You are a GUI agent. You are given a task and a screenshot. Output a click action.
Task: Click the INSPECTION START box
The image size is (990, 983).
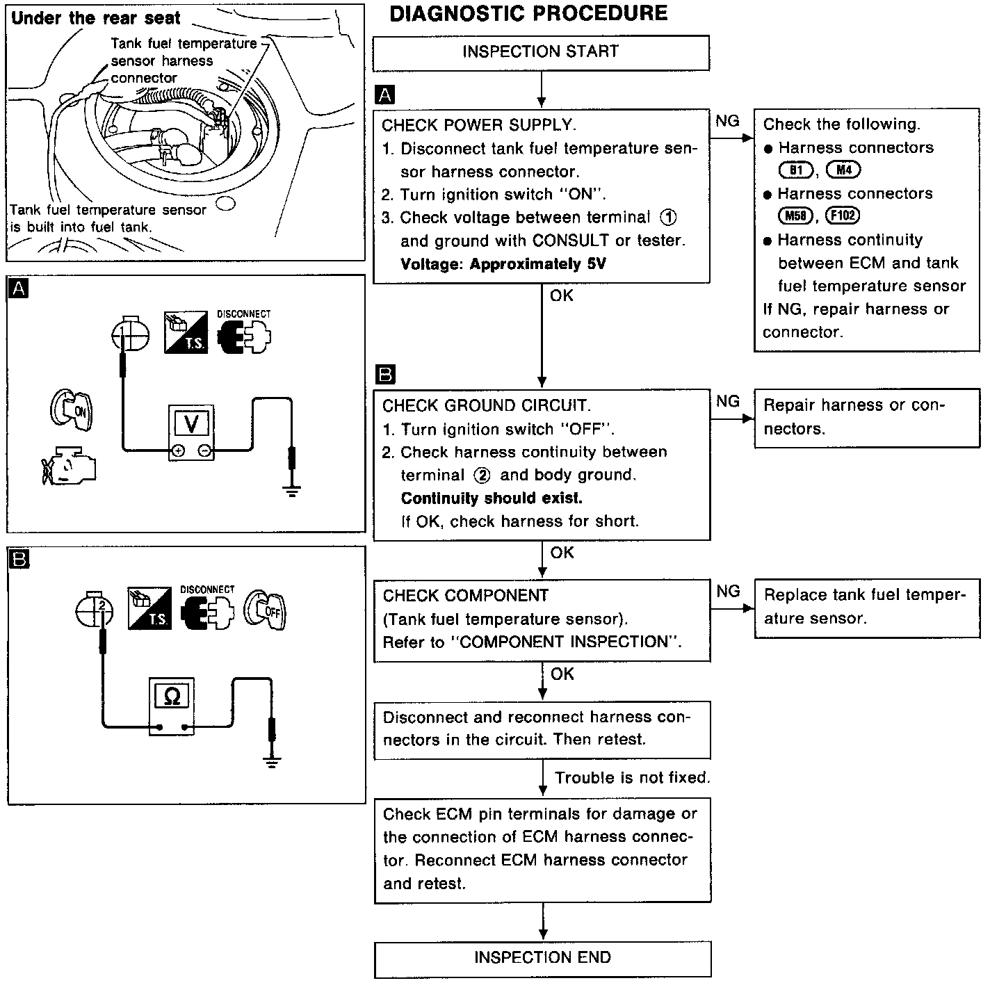540,52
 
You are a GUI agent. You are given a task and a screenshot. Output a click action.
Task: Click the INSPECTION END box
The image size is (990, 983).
542,958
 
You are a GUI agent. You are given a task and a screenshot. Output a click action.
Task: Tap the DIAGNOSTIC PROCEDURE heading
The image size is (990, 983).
528,14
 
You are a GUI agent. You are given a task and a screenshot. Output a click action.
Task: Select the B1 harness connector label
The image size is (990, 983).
796,170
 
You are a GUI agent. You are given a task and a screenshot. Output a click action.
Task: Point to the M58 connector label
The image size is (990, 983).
796,216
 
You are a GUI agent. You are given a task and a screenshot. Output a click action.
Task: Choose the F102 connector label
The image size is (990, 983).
843,216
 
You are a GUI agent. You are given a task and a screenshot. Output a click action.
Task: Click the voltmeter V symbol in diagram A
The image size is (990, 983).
193,423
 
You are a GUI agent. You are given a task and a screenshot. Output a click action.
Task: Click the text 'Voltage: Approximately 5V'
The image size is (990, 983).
503,264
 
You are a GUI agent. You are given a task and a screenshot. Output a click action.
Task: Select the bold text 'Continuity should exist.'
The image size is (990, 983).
492,498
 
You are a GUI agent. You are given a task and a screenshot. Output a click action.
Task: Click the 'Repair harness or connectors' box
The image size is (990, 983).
866,417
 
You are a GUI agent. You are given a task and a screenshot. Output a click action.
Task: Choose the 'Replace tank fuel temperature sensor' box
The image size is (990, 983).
866,607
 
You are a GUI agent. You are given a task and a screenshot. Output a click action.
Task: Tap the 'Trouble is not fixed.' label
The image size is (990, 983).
632,778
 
